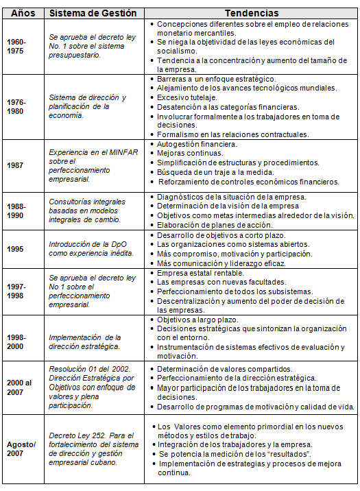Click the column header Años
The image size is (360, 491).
23,12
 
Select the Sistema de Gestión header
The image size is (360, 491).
93,12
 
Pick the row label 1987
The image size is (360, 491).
16,166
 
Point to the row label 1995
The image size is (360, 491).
16,248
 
